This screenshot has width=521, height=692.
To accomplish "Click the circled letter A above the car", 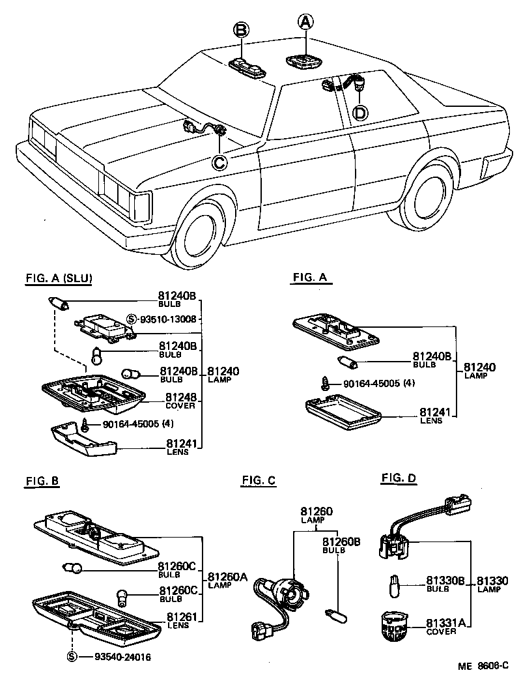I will pyautogui.click(x=305, y=23).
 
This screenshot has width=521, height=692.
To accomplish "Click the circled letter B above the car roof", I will pyautogui.click(x=241, y=30).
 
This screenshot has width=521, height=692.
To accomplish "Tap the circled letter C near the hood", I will pyautogui.click(x=220, y=162).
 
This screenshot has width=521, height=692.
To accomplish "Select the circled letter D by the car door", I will pyautogui.click(x=359, y=113).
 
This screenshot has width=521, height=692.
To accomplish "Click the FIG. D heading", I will pyautogui.click(x=399, y=479).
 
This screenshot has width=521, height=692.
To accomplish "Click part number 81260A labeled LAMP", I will pyautogui.click(x=228, y=576).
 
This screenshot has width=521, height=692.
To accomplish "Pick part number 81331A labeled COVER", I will pyautogui.click(x=445, y=623).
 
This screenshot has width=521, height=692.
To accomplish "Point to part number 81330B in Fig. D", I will pyautogui.click(x=445, y=580).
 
